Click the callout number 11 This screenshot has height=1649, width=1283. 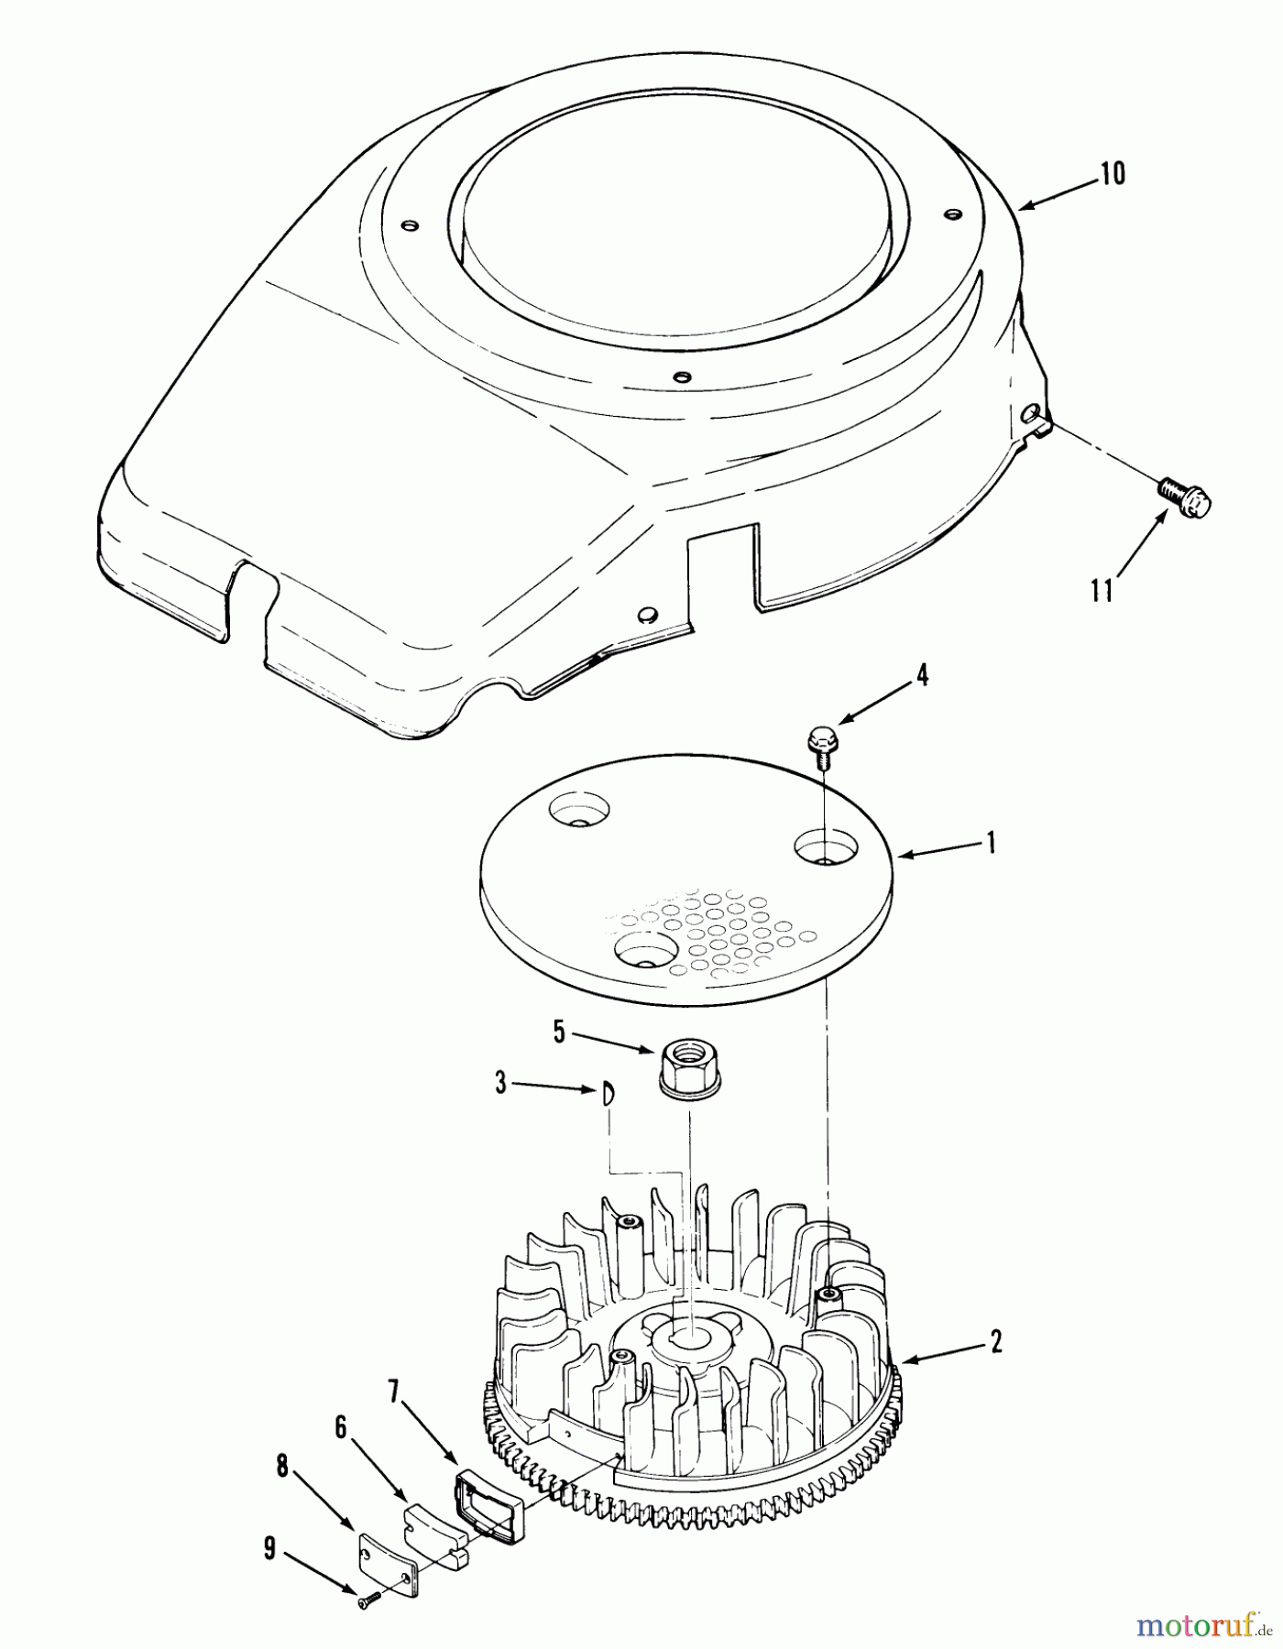tap(1102, 591)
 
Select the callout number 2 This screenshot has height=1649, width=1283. tap(995, 1342)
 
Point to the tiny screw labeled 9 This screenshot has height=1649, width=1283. tap(367, 1599)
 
